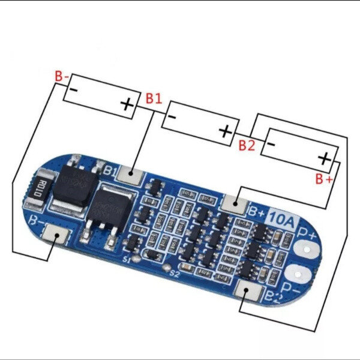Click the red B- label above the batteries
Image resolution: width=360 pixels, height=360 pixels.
[x=62, y=77]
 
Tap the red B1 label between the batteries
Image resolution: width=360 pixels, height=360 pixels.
[x=153, y=98]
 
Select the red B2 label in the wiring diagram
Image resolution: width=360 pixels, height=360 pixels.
[x=247, y=145]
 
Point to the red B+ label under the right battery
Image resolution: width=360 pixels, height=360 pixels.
[x=324, y=179]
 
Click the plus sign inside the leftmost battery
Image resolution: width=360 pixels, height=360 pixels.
[x=127, y=104]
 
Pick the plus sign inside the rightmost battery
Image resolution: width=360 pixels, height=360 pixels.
[x=324, y=158]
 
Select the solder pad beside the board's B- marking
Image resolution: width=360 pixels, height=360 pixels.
[x=58, y=236]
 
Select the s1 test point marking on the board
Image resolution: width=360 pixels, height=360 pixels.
[x=126, y=260]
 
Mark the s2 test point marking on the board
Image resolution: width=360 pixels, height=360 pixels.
[x=174, y=274]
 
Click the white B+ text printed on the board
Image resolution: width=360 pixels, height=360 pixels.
[x=257, y=211]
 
